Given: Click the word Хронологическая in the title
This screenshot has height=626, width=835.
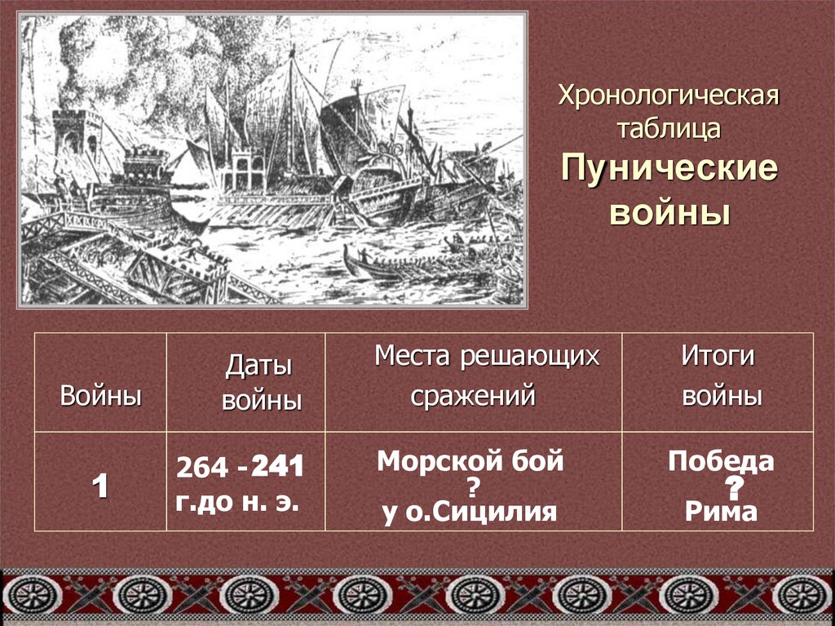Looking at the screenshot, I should pos(669,96).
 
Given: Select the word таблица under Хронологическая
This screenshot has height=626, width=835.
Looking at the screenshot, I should pos(669,127).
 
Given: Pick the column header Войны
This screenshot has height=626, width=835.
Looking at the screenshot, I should pos(101,397).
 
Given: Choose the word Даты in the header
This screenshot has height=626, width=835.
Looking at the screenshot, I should pos(258,366).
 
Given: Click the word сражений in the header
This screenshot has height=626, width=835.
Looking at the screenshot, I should pos(473,396).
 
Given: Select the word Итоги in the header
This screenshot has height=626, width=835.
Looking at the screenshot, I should pos(718,357).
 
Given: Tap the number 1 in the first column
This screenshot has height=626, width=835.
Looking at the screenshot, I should pos(100,486).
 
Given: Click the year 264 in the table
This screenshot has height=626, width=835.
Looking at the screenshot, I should pos(202,468).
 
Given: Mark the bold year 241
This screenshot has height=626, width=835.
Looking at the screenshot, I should pos(277,467).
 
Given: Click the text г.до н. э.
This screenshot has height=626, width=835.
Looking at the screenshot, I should pos(236,501).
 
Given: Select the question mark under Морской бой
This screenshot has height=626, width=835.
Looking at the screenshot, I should pos(472,487).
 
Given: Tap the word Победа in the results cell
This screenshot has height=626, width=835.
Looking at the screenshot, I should pos(721,462).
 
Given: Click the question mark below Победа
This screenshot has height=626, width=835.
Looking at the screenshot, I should pos(735,488).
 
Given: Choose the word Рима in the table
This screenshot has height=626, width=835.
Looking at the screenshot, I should pos(721,512).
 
